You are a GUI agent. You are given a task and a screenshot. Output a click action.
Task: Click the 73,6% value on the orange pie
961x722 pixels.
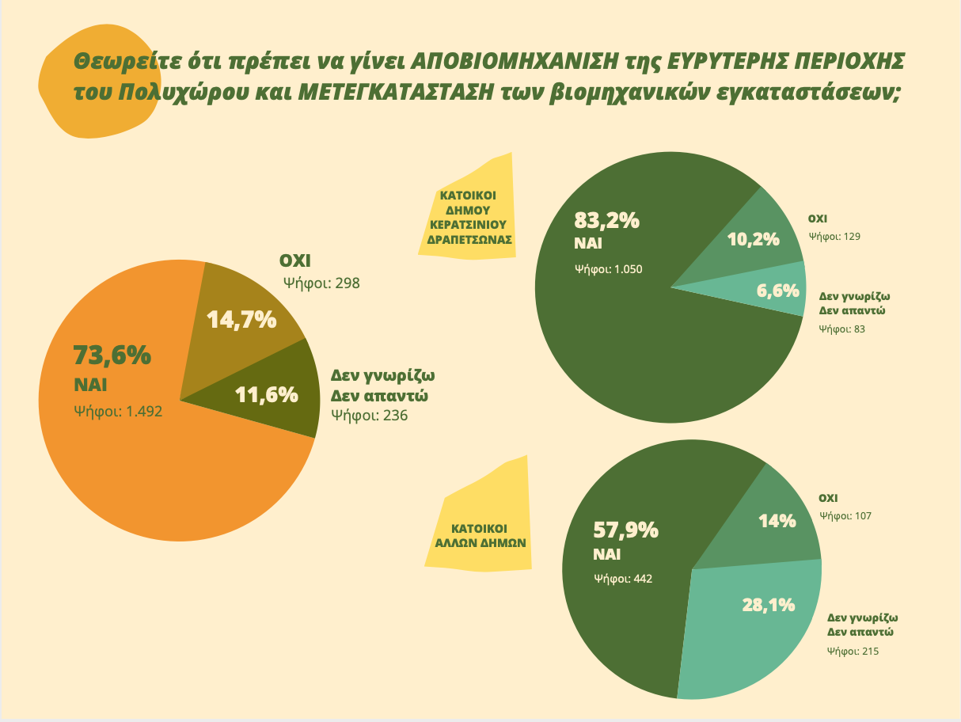[x=112, y=356]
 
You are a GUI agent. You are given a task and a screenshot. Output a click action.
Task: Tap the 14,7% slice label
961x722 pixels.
[x=241, y=320]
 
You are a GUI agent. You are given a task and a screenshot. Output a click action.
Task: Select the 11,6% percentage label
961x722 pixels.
[x=266, y=393]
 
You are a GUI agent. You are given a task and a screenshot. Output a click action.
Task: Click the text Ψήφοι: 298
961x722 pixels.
[x=322, y=282]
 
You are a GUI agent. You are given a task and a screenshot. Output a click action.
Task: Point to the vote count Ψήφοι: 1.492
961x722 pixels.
[x=117, y=411]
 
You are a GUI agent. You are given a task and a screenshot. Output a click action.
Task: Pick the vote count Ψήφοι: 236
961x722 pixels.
[x=369, y=414]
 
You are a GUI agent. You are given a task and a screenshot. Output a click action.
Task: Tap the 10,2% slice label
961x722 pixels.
[x=753, y=239]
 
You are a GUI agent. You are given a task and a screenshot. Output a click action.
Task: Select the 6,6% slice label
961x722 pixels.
[x=777, y=291]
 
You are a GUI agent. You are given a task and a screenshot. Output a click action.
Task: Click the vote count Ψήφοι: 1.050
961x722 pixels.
[x=608, y=268]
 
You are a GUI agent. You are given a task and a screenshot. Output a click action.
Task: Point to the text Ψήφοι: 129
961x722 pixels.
[x=834, y=236]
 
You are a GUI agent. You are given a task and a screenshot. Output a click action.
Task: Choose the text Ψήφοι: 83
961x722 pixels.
[x=842, y=328]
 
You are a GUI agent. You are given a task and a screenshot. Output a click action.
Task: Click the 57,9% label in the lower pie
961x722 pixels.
[x=625, y=530]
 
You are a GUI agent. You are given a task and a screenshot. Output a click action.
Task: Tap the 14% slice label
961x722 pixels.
[x=777, y=521]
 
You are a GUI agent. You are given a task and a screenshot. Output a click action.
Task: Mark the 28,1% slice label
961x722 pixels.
[x=768, y=606]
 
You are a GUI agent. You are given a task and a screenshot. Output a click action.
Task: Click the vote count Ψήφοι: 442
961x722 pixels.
[x=622, y=579]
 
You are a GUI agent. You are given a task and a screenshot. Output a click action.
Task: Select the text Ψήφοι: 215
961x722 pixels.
[x=853, y=651]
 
